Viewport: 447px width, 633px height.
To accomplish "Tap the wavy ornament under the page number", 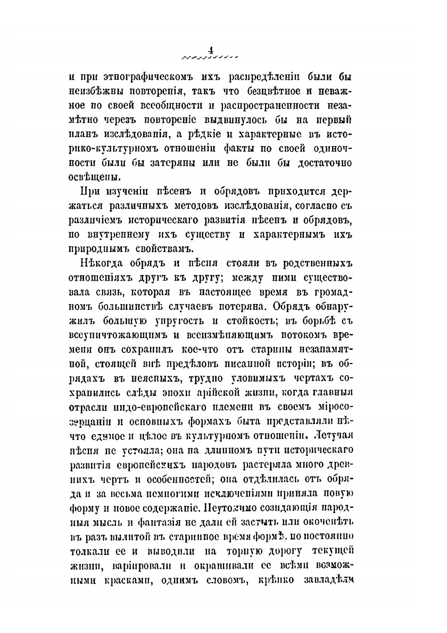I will point(209,55).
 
